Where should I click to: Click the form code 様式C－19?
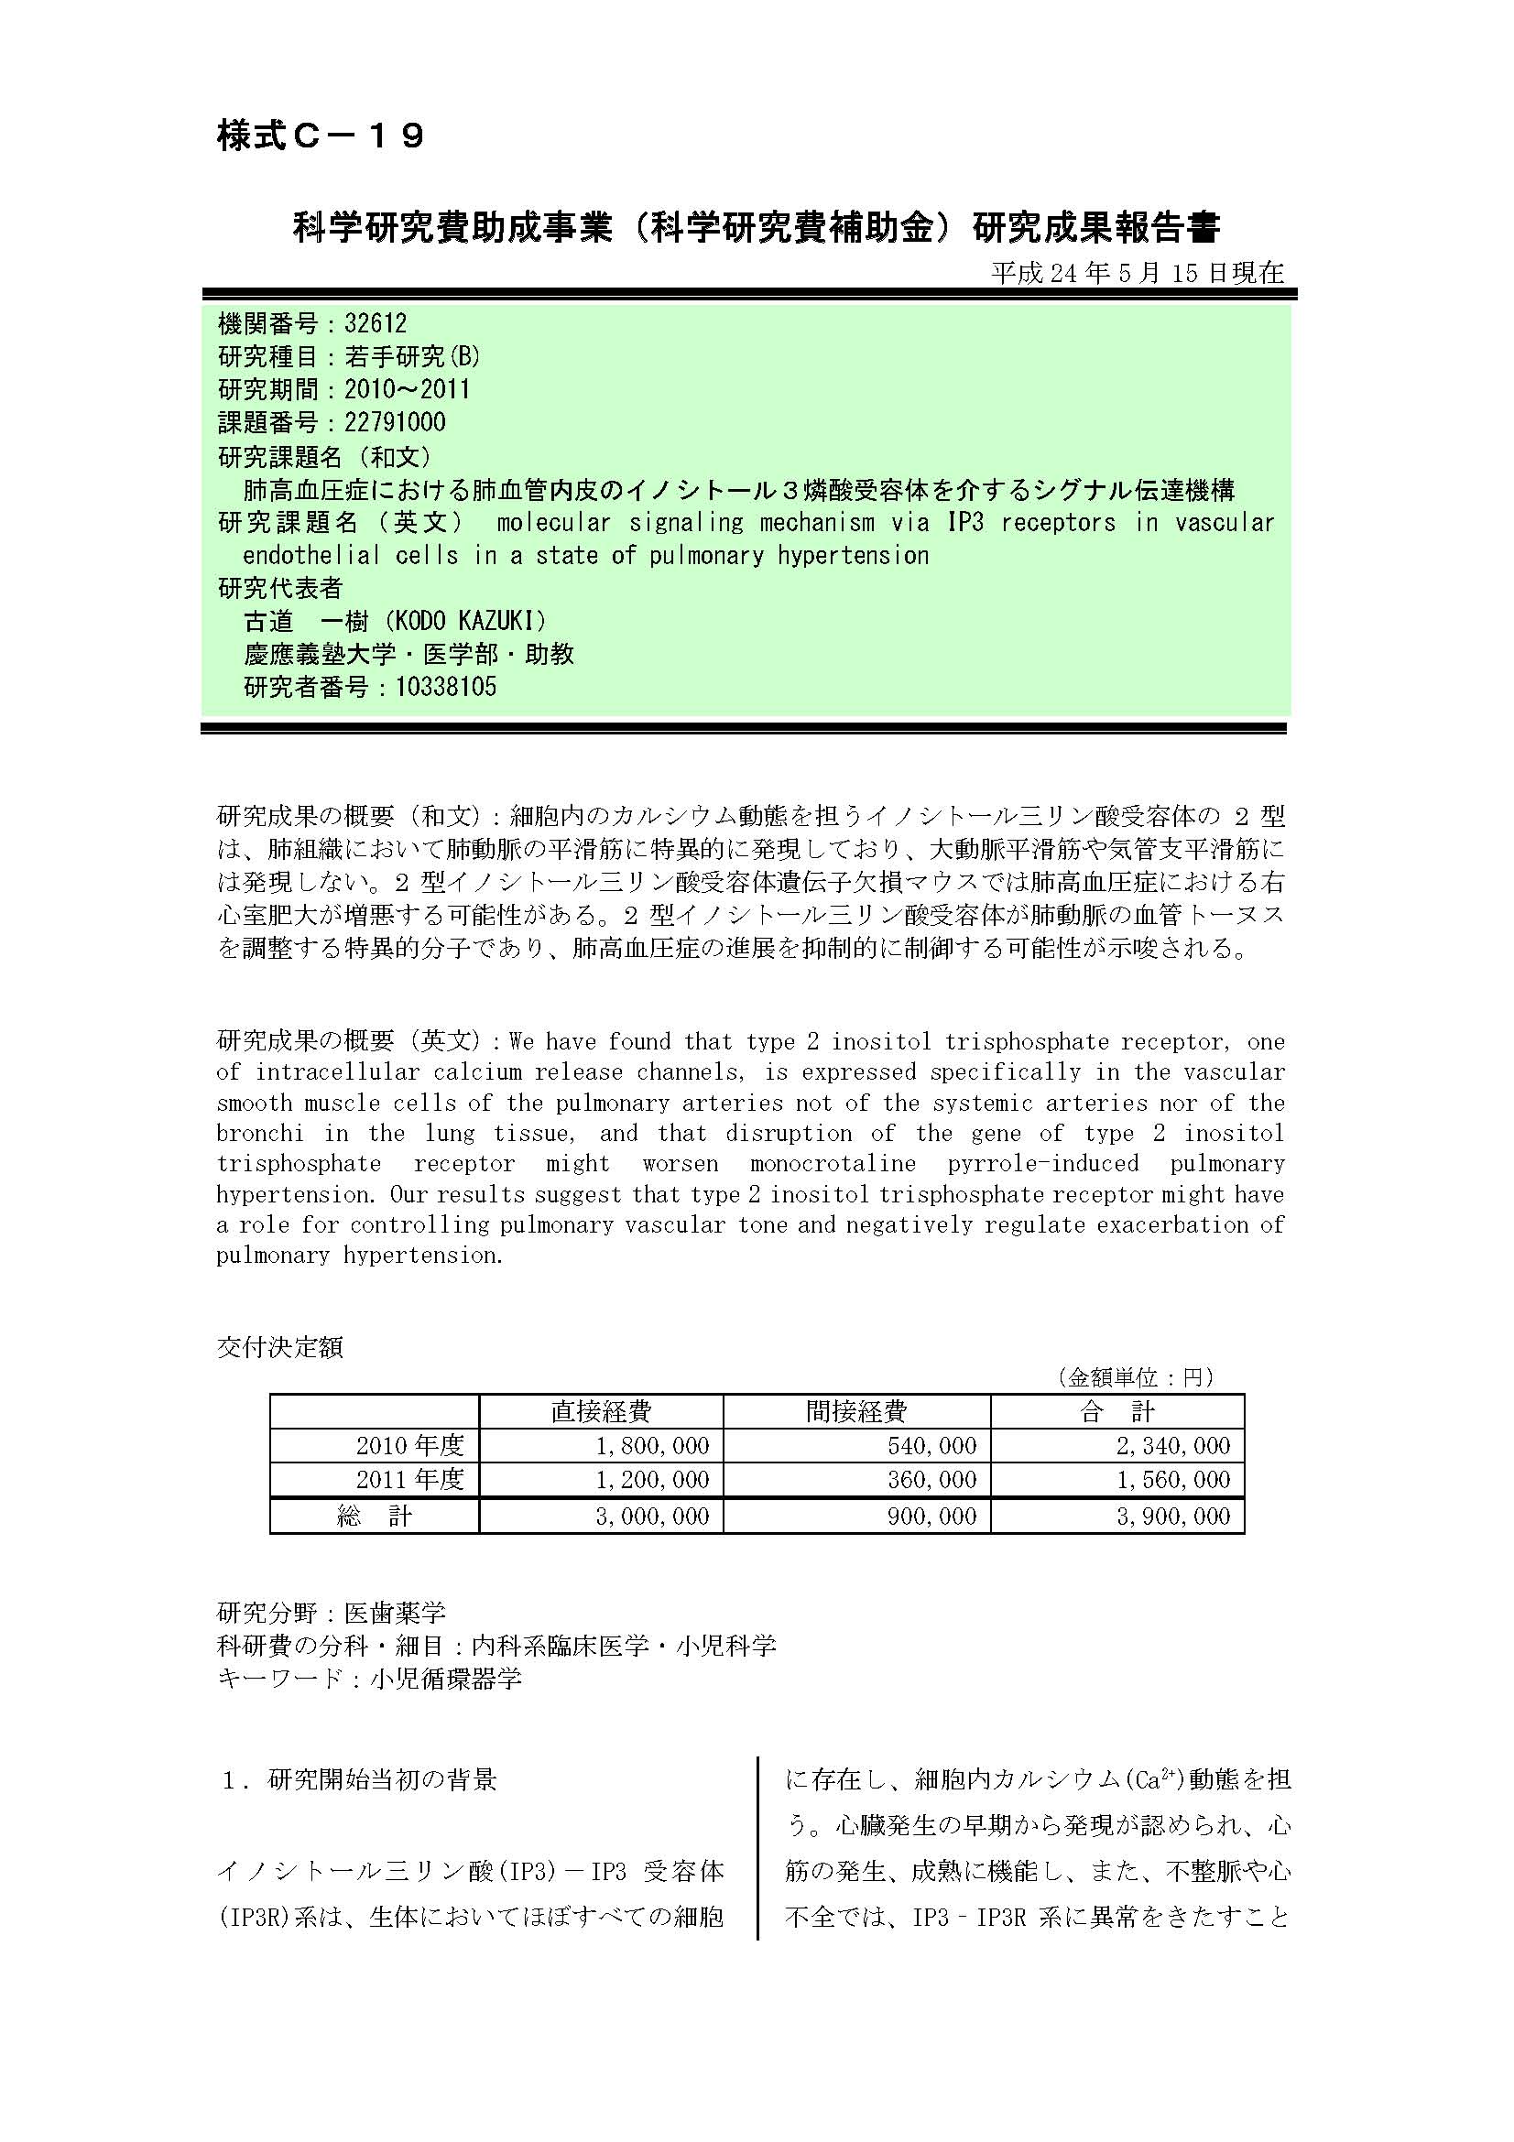[x=321, y=136]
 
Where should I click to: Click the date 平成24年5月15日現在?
[x=1138, y=272]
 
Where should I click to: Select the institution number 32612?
[x=375, y=323]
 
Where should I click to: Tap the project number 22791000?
[x=395, y=422]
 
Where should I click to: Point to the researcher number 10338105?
[x=446, y=688]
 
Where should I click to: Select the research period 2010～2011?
[x=407, y=390]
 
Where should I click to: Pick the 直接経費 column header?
[x=601, y=1411]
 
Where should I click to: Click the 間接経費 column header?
[x=856, y=1411]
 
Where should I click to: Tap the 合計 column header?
[x=1116, y=1411]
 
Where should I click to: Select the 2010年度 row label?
[x=409, y=1446]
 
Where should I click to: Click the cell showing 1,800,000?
[x=652, y=1446]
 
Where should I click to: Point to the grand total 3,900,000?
[x=1173, y=1516]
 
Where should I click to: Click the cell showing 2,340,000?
[x=1173, y=1446]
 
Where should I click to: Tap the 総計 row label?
[x=374, y=1516]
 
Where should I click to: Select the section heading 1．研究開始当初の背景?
[x=359, y=1779]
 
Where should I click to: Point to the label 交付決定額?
[x=280, y=1347]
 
